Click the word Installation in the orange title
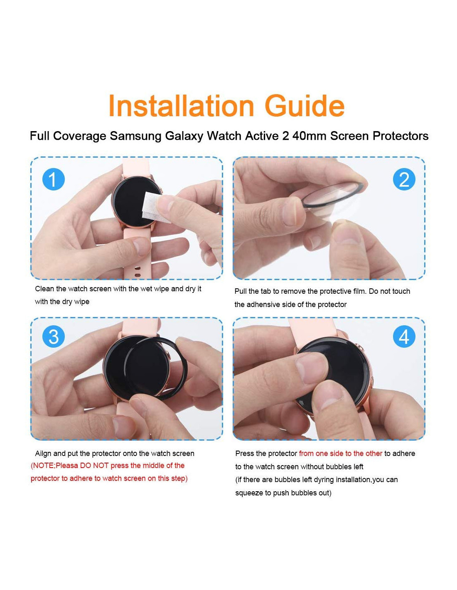tap(181, 106)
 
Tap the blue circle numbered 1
tap(54, 179)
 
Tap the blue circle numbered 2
tap(404, 179)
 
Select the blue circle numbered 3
tap(54, 336)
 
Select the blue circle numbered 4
tap(404, 336)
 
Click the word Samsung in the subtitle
tap(135, 136)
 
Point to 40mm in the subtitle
tap(309, 136)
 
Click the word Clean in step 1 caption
tap(44, 289)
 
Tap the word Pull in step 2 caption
tap(240, 291)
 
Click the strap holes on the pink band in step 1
tap(138, 271)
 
